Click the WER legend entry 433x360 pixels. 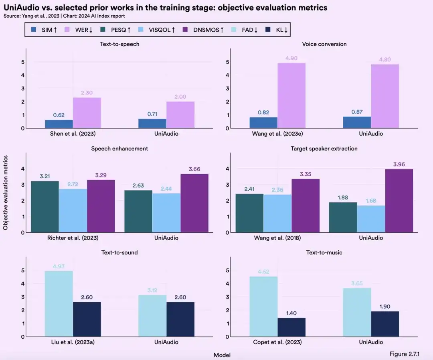pos(81,29)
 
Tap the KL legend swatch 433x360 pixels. pos(269,29)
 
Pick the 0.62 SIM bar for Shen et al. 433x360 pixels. pos(59,124)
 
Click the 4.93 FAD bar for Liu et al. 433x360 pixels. pos(59,304)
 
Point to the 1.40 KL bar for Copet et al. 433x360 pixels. pos(291,327)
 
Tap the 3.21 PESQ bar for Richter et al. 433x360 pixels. pos(45,207)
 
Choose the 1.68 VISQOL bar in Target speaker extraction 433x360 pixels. pos(371,219)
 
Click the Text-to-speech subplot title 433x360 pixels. pos(120,44)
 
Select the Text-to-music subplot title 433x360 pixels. pos(324,252)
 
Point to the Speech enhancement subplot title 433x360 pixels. pos(119,148)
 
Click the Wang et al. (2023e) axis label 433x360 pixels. pos(277,134)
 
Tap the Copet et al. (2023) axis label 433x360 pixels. pos(277,342)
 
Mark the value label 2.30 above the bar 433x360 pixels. pos(87,93)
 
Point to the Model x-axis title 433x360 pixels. pos(222,355)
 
